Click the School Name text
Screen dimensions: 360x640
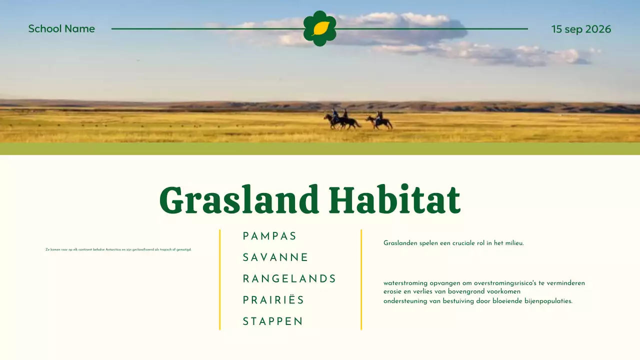[61, 29]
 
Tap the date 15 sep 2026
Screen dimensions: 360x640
[581, 29]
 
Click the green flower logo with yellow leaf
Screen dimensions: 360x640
[320, 28]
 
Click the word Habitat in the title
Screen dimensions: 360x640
[394, 200]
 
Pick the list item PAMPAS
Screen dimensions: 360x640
[269, 236]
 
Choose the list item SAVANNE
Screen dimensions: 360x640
[275, 257]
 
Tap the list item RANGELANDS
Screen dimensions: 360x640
[289, 278]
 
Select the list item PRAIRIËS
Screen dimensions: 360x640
[273, 300]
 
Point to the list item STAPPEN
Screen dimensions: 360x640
[273, 321]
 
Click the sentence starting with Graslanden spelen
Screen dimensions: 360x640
[453, 243]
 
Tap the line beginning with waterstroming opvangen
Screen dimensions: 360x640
[484, 283]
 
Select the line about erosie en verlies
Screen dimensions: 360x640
[452, 291]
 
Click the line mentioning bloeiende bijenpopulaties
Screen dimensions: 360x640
[477, 301]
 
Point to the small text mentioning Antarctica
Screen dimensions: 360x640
[118, 249]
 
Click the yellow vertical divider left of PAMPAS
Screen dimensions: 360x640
[219, 279]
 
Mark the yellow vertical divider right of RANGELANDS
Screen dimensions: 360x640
[361, 279]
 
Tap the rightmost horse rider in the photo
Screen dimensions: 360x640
[379, 120]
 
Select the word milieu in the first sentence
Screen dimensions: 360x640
[514, 243]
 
